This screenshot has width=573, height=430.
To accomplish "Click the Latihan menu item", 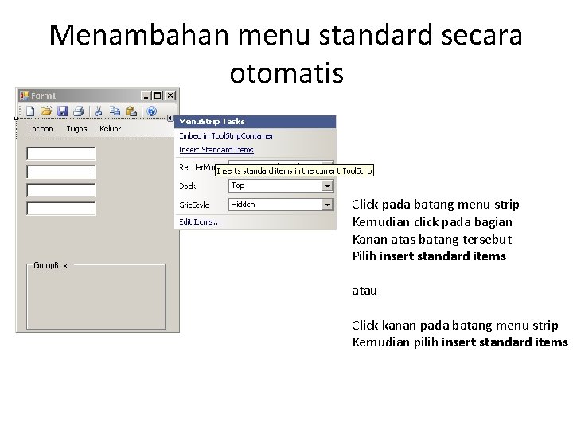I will coord(41,129).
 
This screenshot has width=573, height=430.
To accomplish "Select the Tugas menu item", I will coord(76,129).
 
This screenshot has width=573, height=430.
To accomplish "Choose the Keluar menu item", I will coord(110,129).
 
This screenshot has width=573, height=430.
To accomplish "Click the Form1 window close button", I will coord(170,96).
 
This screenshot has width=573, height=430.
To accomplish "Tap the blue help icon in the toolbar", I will coord(152,111).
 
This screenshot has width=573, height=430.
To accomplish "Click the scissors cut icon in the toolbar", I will coord(99,111).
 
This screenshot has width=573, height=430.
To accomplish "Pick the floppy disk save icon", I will coord(62,111).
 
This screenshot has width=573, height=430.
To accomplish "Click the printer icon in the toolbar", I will coord(78,111).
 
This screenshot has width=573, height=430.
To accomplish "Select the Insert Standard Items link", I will coord(216,149).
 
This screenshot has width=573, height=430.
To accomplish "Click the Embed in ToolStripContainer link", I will coord(226,135).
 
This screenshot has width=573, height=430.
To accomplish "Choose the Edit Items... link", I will coord(201,221).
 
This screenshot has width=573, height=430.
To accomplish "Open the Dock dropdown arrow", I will coord(327,186).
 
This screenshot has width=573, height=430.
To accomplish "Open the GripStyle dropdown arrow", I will coord(327,205).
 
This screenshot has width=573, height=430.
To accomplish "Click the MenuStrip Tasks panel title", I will coord(212,122).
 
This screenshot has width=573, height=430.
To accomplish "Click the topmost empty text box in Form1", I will coord(61,153).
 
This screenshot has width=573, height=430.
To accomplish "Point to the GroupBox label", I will coord(50,265).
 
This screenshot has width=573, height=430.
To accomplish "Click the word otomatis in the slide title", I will coord(286,73).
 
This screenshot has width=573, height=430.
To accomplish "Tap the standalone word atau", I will coord(364,291).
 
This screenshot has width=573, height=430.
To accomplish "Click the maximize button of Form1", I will coord(158,96).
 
